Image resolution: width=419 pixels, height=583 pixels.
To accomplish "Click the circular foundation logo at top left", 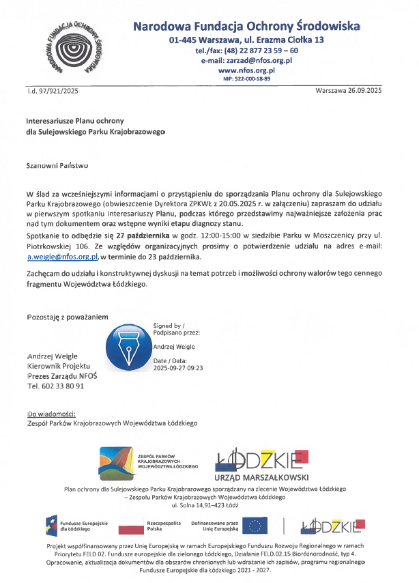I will coord(76,49).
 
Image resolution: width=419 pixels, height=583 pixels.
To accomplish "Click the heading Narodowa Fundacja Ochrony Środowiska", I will coord(246,27).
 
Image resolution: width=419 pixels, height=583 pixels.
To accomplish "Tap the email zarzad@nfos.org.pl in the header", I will coord(246,60).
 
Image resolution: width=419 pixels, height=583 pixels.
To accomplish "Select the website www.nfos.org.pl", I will coord(246,70).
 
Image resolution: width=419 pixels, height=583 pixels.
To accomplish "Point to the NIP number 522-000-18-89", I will coord(246,79).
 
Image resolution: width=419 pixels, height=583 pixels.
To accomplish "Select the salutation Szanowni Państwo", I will coord(57,165).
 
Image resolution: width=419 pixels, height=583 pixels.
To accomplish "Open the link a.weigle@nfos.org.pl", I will coord(63,256).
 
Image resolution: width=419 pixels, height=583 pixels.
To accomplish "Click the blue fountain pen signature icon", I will coord(129,347).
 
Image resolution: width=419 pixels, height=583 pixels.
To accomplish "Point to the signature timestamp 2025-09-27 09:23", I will coord(178,367).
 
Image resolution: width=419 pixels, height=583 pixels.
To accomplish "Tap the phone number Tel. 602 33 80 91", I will coord(55,386).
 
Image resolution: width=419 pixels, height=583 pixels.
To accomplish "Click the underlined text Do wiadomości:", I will coord(51,414).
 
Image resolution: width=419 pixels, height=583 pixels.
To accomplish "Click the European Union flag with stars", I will coord(256,526).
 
